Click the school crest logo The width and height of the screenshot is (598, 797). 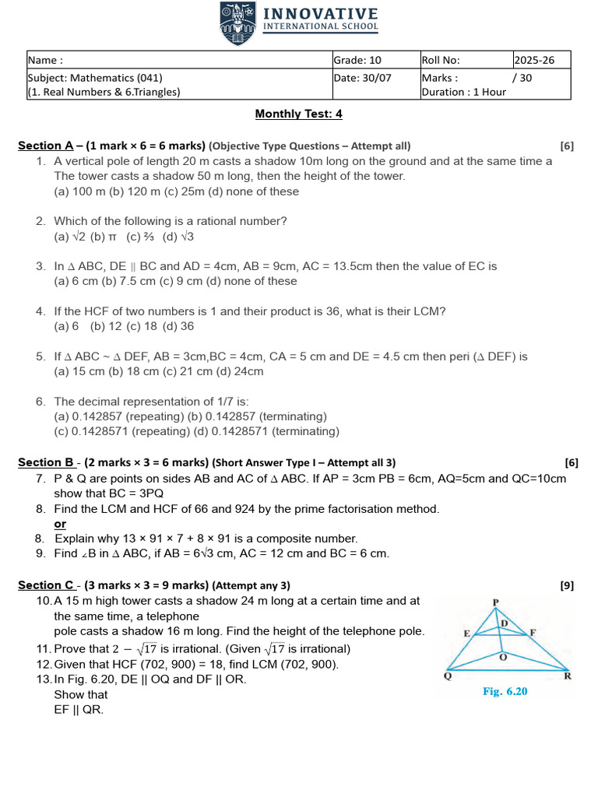[x=237, y=23]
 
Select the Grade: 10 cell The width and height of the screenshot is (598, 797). [x=375, y=60]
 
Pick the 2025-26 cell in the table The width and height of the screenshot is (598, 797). [x=540, y=60]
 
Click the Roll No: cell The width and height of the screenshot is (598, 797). [x=465, y=60]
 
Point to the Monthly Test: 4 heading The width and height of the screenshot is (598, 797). [x=299, y=114]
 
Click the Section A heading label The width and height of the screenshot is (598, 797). [x=46, y=146]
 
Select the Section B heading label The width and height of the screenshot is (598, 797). [x=46, y=462]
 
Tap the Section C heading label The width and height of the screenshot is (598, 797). [x=46, y=585]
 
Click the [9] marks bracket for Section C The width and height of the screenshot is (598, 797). [x=567, y=585]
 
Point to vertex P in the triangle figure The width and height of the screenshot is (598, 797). [x=495, y=602]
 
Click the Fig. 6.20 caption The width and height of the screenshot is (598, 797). [x=505, y=691]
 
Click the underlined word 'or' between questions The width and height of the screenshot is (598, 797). [x=60, y=524]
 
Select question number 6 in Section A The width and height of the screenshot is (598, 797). [x=40, y=402]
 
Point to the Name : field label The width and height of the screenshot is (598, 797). [x=45, y=60]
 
